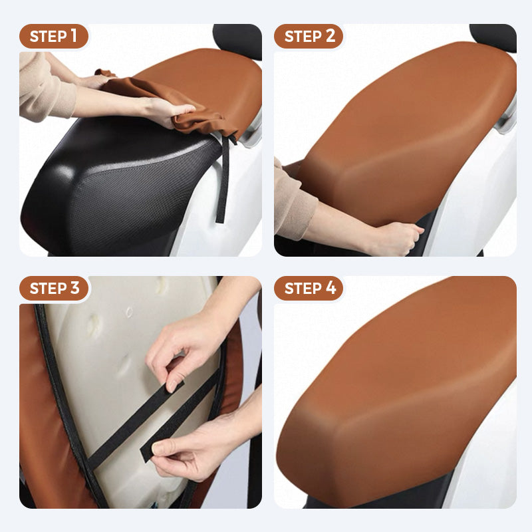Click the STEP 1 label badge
tap(53, 36)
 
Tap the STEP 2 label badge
tap(309, 36)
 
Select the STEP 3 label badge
tap(54, 288)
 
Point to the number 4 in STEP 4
tap(331, 288)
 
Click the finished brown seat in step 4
tap(399, 392)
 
